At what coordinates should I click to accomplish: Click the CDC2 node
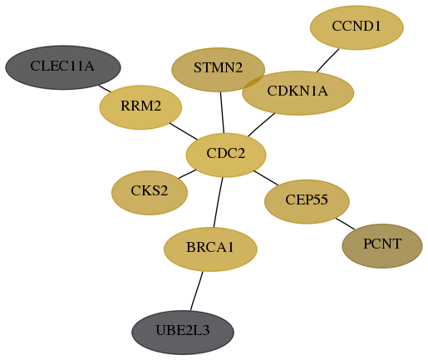(226, 155)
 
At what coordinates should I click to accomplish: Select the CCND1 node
(357, 27)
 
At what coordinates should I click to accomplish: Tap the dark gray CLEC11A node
(63, 67)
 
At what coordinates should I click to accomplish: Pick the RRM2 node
(140, 107)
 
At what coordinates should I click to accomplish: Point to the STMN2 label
(218, 67)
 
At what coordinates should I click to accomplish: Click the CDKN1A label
(298, 91)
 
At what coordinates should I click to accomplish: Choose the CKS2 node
(150, 193)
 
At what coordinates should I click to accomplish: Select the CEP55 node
(307, 201)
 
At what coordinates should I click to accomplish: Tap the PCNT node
(382, 246)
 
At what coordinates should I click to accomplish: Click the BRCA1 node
(210, 249)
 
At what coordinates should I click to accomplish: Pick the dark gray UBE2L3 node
(183, 333)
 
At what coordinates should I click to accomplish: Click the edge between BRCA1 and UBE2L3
(197, 291)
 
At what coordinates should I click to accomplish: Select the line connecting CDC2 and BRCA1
(218, 202)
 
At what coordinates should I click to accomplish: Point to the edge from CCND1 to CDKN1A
(328, 61)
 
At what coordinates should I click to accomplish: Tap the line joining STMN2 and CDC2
(222, 112)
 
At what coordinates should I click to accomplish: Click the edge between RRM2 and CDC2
(184, 131)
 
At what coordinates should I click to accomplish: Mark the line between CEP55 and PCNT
(345, 224)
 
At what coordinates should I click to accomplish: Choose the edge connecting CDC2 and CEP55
(266, 178)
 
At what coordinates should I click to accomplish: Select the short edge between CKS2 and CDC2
(187, 174)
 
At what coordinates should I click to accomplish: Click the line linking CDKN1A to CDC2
(262, 125)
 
